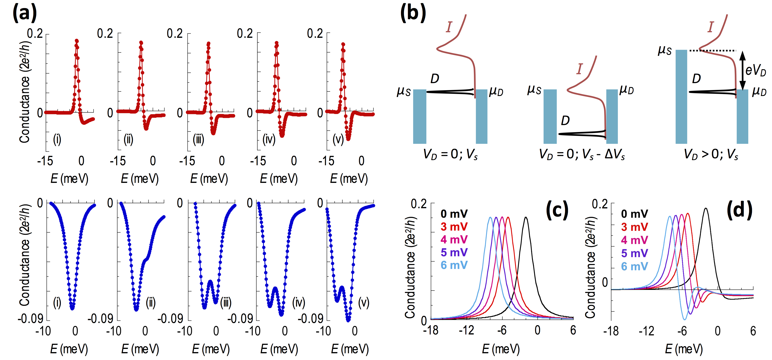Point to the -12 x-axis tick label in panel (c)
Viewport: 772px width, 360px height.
(x=466, y=330)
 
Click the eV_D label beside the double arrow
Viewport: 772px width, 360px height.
(x=755, y=71)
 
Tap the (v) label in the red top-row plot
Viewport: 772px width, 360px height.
(x=338, y=139)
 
